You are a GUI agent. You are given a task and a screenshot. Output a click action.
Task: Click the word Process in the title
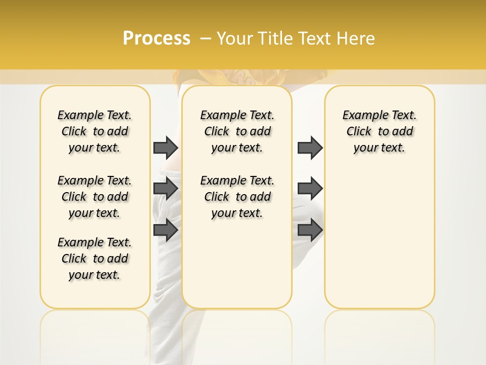tap(156, 39)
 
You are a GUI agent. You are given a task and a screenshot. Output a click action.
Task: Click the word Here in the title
tap(356, 39)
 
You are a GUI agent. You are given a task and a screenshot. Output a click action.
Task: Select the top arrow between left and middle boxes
tap(166, 148)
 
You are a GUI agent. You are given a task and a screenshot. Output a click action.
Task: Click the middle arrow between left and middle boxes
tap(166, 189)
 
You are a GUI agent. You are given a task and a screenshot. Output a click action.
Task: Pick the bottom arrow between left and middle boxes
tap(166, 229)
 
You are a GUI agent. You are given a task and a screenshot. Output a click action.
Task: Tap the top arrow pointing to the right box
tap(310, 148)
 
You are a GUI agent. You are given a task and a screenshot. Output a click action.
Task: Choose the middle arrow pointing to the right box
tap(310, 189)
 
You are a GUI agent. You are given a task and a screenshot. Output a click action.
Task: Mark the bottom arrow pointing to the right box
tap(310, 229)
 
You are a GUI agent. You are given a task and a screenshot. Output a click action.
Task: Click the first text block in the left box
tap(95, 131)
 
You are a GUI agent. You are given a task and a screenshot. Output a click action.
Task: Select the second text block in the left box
tap(95, 197)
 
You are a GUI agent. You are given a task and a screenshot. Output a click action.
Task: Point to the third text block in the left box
tap(95, 259)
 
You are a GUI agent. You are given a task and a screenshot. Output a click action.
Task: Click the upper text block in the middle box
tap(237, 131)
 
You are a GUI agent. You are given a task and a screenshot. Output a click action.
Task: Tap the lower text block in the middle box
tap(237, 197)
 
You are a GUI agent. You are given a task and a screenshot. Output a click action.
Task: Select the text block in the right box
tap(379, 131)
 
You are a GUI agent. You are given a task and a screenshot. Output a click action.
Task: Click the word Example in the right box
tap(361, 116)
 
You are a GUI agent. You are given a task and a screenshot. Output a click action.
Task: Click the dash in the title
tap(206, 39)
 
